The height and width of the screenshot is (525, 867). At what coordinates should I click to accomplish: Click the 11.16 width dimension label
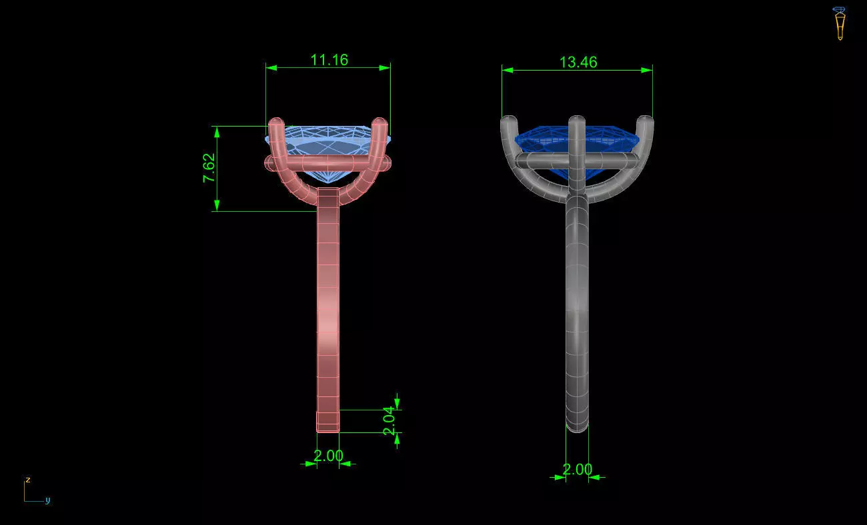click(x=329, y=59)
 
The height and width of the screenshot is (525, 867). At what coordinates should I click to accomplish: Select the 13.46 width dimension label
click(x=578, y=62)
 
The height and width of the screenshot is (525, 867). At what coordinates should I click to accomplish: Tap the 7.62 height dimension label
click(x=209, y=169)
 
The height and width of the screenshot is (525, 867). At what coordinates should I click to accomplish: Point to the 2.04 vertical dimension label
click(x=389, y=421)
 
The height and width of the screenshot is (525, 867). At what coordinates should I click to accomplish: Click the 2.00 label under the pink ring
click(x=328, y=456)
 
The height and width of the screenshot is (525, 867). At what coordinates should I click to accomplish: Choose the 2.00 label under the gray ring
click(x=577, y=469)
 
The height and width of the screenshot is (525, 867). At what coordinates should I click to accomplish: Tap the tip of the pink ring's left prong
click(x=275, y=123)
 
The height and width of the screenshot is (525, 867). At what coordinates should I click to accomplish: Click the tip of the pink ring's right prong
click(x=380, y=123)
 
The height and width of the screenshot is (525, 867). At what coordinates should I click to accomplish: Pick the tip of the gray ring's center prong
click(x=577, y=121)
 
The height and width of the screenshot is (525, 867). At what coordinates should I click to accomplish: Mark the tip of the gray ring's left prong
click(x=508, y=122)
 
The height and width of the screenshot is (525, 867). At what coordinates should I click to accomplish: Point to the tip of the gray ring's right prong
click(x=646, y=122)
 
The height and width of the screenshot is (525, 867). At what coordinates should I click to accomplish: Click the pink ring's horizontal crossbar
click(x=327, y=162)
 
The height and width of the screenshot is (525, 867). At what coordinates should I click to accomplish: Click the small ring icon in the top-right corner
click(x=839, y=23)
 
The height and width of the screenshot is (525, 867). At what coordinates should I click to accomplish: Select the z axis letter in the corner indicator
click(x=27, y=480)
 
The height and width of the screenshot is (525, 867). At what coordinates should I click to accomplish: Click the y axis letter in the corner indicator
click(x=47, y=500)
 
